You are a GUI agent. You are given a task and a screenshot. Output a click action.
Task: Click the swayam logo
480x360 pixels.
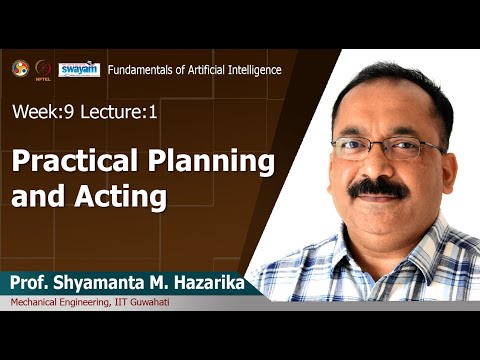(79, 69)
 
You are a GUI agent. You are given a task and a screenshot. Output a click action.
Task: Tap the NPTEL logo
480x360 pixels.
(44, 69)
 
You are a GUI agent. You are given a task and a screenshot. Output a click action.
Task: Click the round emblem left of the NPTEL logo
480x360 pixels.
(19, 68)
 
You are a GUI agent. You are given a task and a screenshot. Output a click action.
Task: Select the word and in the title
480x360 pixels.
(36, 196)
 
